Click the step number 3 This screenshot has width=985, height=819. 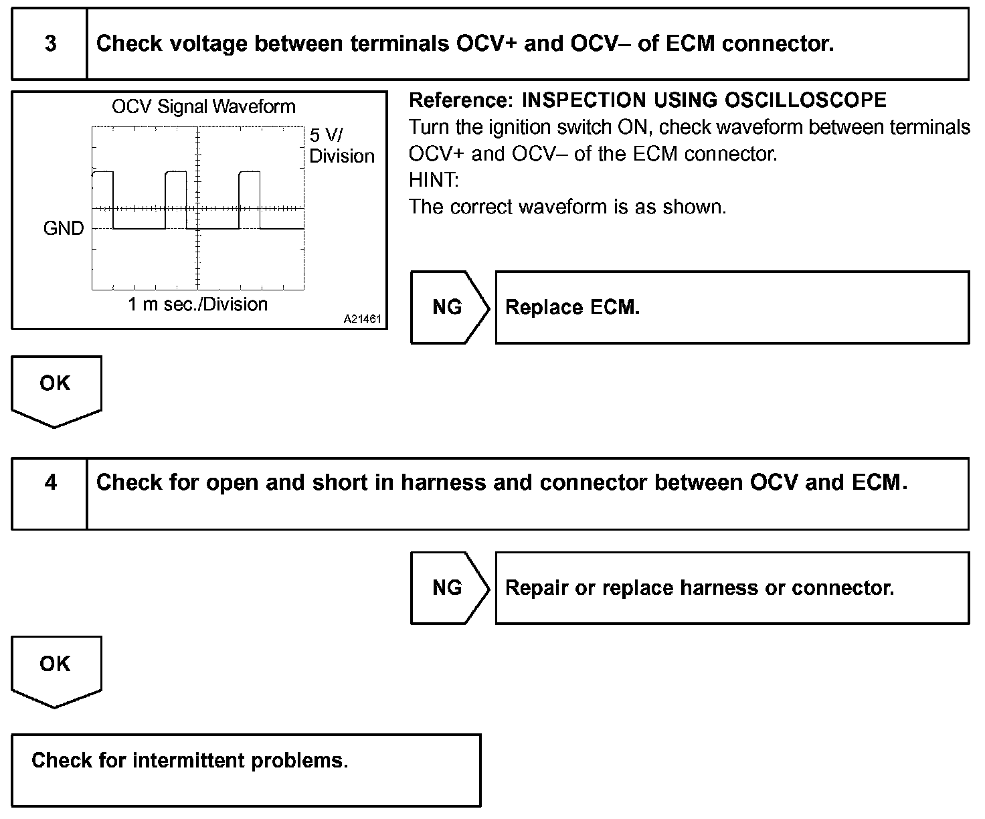tap(50, 43)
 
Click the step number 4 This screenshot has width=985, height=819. tap(50, 482)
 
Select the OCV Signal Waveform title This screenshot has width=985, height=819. tap(204, 107)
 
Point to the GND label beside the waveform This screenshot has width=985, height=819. tap(64, 228)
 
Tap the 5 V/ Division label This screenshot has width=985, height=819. tap(341, 146)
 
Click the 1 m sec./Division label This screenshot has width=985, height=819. tap(197, 304)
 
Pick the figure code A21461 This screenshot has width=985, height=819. tap(362, 319)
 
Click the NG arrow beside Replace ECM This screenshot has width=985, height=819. tap(450, 307)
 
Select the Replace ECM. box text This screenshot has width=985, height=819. tap(572, 307)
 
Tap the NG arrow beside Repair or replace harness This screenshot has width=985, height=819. tap(450, 588)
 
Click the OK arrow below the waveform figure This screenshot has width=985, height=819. tap(56, 391)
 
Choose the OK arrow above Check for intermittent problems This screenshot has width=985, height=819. tap(56, 672)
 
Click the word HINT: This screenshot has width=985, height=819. tap(434, 180)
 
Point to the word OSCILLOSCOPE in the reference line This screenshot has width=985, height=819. tap(805, 100)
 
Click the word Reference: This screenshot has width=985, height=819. tap(461, 100)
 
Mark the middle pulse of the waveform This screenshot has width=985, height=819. tap(176, 200)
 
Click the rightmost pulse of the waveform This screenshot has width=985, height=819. tap(250, 200)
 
